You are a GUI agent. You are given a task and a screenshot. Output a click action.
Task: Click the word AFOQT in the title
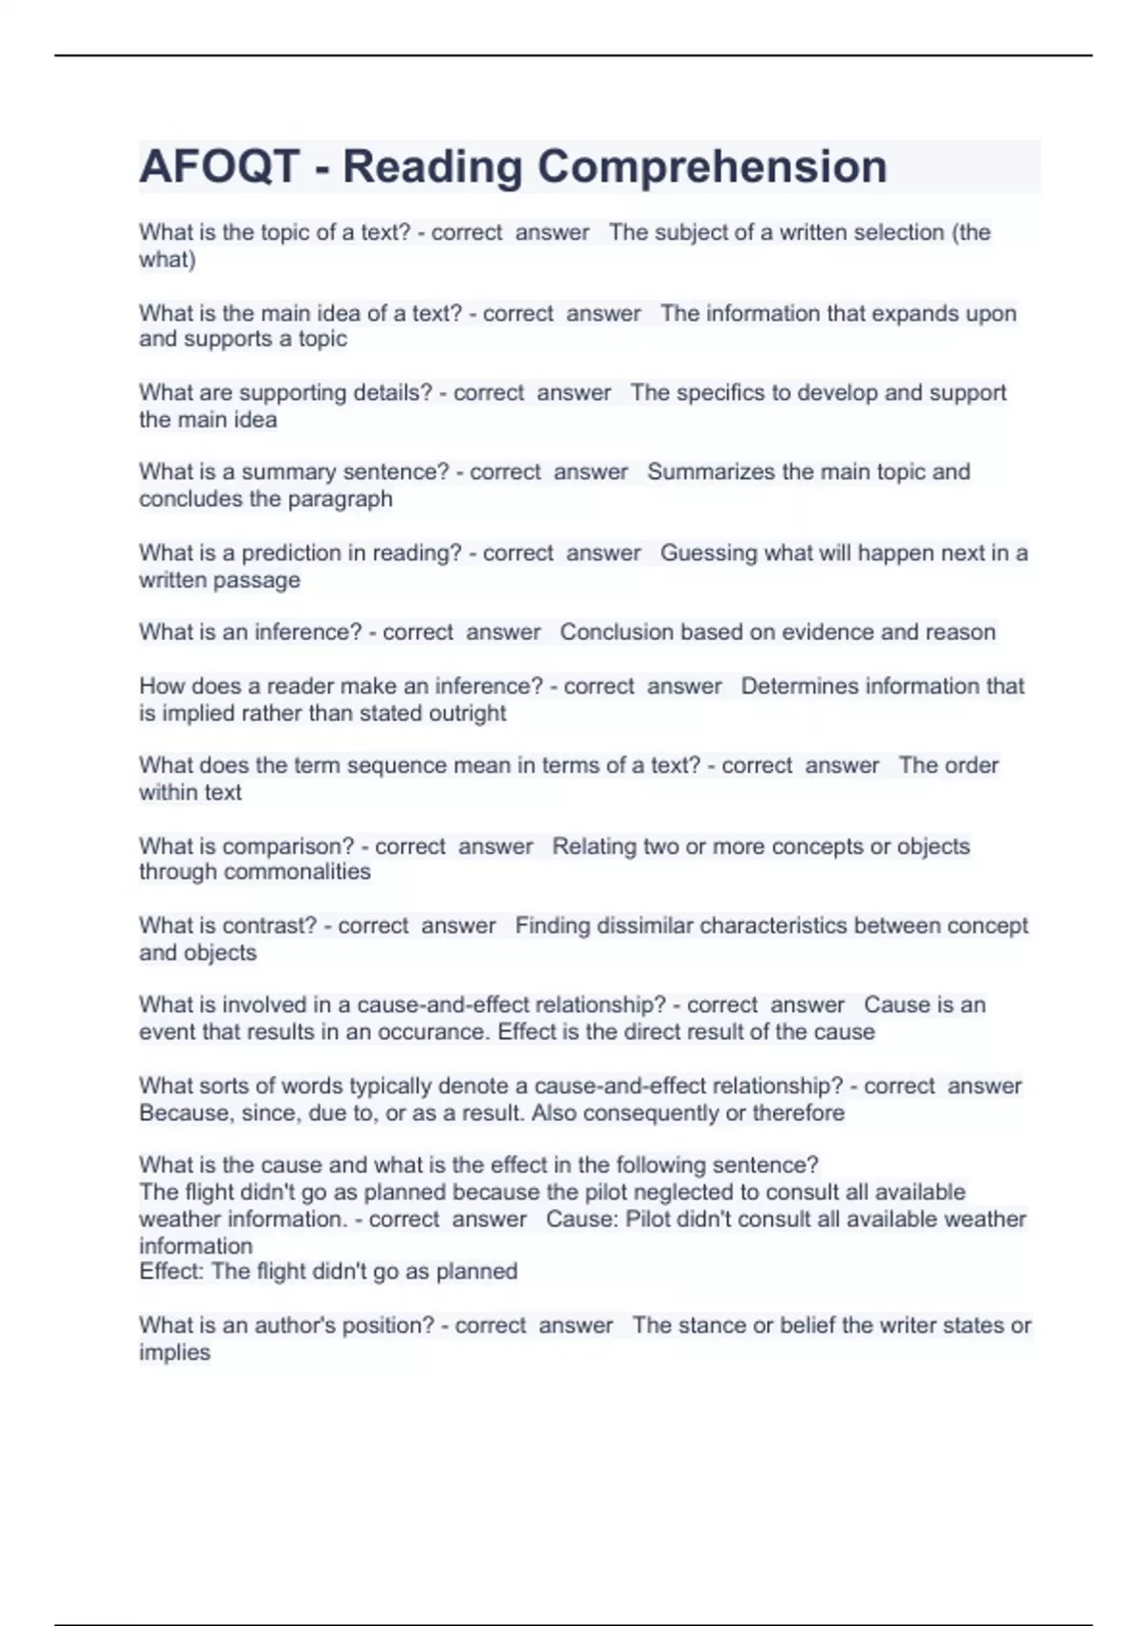[x=219, y=166]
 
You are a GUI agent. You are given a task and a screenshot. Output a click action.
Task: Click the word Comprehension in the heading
[x=711, y=166]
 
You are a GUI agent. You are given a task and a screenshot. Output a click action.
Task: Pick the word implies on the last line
[x=174, y=1352]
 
